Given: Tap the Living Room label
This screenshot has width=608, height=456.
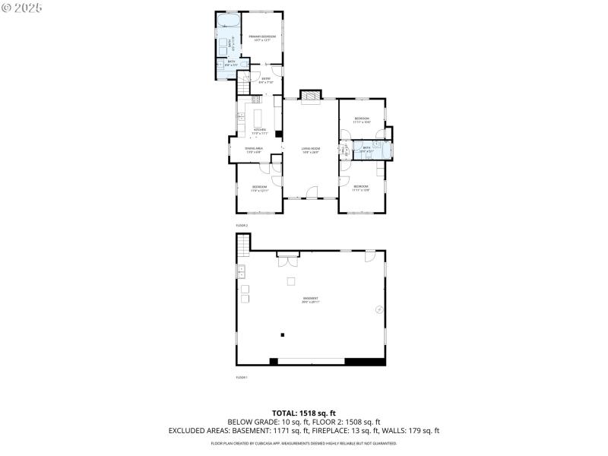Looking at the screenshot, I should [x=310, y=150].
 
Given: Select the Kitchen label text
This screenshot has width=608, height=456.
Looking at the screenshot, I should [x=260, y=131].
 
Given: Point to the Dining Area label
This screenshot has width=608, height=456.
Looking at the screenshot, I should [x=254, y=150].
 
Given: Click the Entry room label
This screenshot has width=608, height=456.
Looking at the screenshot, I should [x=265, y=80].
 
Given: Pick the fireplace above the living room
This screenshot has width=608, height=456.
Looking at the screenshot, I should [x=310, y=94].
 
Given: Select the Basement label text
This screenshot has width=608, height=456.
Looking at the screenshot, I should [x=310, y=299].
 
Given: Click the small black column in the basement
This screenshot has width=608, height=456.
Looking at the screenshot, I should [x=281, y=334].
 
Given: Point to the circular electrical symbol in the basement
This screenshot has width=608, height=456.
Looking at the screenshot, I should [x=378, y=309].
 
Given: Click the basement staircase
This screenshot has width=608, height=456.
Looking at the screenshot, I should [x=243, y=245].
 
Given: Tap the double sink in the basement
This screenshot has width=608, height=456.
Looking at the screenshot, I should [x=242, y=271].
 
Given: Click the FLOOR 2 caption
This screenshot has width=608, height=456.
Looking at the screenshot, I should [x=242, y=226].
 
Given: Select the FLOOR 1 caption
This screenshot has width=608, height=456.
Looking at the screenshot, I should [x=242, y=377].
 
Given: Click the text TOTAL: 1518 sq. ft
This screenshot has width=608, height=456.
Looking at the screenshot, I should [x=304, y=413].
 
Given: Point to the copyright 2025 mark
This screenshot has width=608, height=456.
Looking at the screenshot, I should [x=23, y=8].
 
